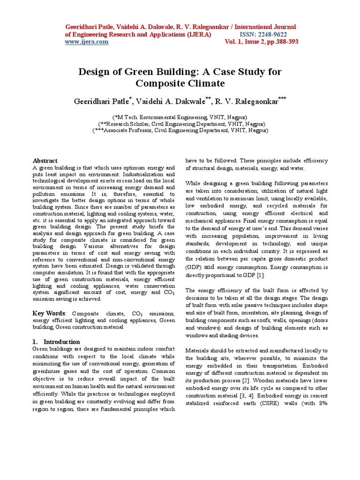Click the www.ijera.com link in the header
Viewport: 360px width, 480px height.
pos(86,42)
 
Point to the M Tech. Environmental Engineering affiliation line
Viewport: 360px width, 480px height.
pos(180,117)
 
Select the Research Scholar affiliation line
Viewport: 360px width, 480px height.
pos(180,124)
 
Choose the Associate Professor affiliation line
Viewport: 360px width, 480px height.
pos(180,131)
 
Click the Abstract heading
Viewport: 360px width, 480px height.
pos(45,160)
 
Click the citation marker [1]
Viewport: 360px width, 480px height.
pos(261,275)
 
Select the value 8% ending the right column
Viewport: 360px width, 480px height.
pos(322,403)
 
